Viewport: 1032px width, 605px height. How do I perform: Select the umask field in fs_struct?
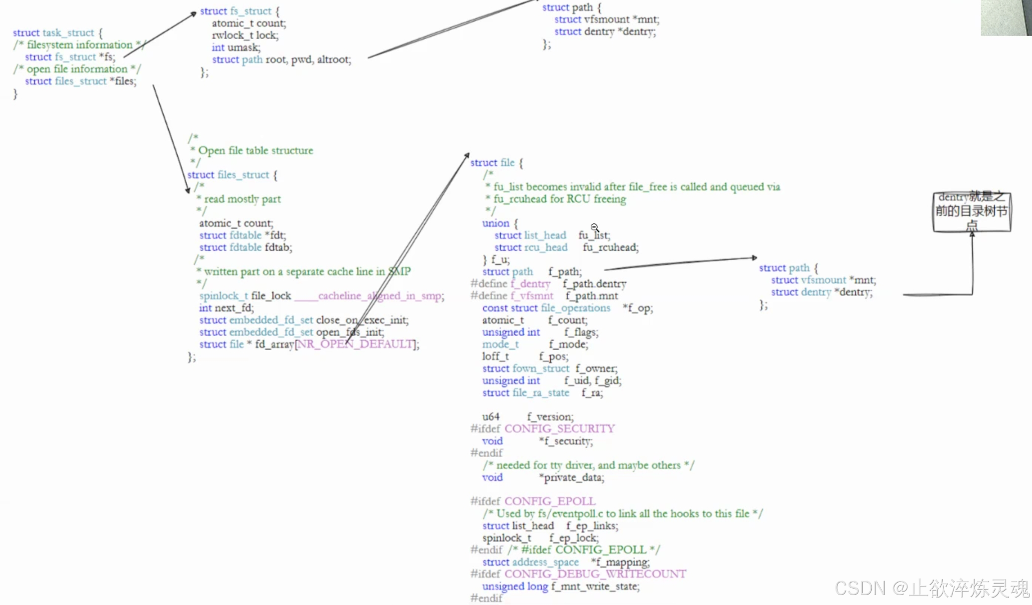click(x=243, y=48)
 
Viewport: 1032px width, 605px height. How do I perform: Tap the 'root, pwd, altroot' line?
click(x=308, y=60)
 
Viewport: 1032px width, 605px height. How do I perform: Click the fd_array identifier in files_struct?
click(x=274, y=344)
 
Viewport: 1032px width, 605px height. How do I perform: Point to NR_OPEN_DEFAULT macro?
click(x=356, y=344)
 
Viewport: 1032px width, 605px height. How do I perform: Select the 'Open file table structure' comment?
click(x=256, y=150)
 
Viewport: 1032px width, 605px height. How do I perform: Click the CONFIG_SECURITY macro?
click(x=560, y=428)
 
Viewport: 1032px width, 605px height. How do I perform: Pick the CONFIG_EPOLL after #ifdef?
click(x=550, y=501)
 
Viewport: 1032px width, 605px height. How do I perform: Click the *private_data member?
click(x=572, y=478)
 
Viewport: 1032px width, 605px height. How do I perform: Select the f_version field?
click(x=550, y=417)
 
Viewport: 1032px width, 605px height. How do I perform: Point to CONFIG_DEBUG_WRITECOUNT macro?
click(x=595, y=574)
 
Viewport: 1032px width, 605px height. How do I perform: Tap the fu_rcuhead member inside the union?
click(x=610, y=247)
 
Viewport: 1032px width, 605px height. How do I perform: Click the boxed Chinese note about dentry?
click(x=971, y=212)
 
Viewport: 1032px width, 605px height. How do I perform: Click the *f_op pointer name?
click(x=638, y=308)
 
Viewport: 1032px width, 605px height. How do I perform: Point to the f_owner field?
click(x=596, y=368)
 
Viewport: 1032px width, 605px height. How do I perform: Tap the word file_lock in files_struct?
click(x=271, y=296)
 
